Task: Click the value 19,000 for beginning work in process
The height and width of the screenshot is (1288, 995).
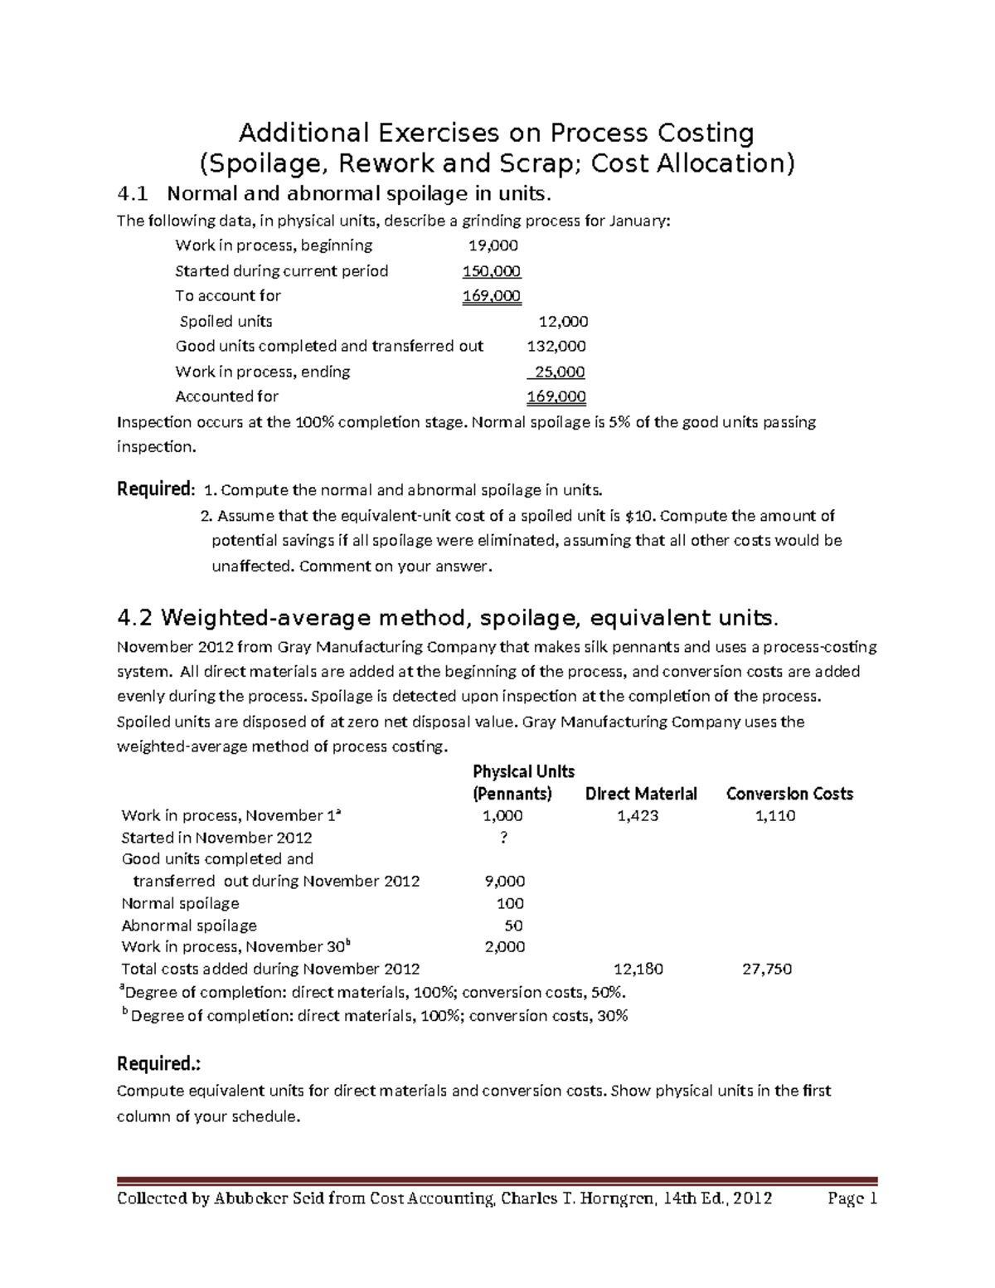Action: (493, 245)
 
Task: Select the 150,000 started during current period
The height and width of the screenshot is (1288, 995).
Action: (492, 271)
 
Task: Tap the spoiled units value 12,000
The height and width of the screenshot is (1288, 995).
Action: (563, 322)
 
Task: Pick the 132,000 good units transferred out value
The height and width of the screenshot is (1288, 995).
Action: (556, 347)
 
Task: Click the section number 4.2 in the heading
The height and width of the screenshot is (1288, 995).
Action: (136, 619)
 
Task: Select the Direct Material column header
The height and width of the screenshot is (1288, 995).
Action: (641, 794)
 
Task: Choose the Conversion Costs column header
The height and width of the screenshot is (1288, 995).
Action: (789, 794)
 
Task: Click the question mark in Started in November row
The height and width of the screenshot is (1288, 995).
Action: (503, 838)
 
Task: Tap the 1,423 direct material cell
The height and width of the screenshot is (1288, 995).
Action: (638, 816)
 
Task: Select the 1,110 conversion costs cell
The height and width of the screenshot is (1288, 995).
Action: (774, 816)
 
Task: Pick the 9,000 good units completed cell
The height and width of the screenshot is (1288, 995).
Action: (504, 882)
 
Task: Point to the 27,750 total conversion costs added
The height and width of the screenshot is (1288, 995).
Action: (767, 969)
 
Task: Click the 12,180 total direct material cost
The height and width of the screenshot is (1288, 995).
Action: (638, 969)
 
